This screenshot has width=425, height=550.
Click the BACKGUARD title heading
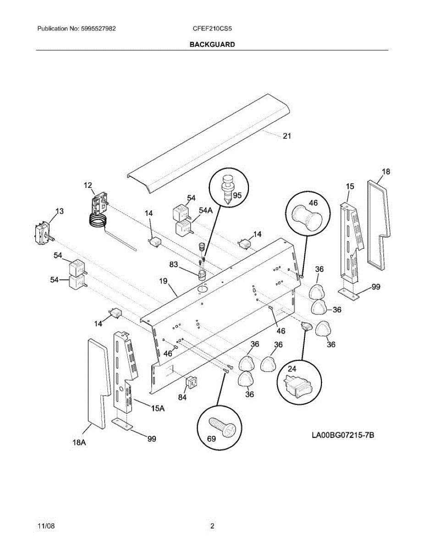click(x=212, y=44)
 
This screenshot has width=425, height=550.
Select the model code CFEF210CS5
click(x=213, y=28)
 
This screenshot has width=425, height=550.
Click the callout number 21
click(x=287, y=136)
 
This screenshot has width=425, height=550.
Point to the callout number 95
click(x=237, y=194)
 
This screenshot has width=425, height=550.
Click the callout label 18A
click(x=79, y=442)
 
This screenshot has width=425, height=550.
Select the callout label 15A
click(x=157, y=408)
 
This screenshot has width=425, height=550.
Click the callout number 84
click(x=182, y=397)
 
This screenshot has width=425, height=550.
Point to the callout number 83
click(x=174, y=264)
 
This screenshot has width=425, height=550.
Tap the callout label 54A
click(x=206, y=210)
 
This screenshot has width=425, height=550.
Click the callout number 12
click(x=88, y=185)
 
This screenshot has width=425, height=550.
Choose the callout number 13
click(x=60, y=211)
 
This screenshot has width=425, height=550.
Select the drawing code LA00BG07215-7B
click(x=343, y=434)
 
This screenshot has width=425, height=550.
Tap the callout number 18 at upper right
click(x=386, y=171)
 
